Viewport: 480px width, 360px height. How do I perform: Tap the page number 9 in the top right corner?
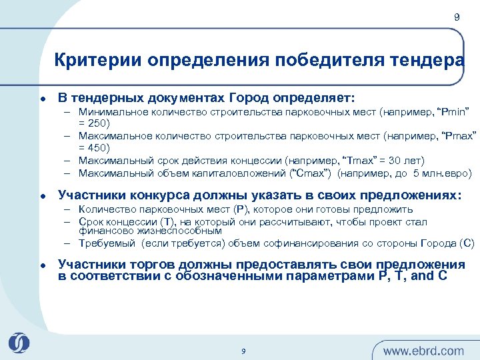coord(457,18)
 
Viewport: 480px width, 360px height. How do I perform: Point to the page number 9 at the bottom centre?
coord(243,351)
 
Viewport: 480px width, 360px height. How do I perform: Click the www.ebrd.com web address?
coord(423,351)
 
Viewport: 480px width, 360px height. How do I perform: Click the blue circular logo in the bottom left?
coord(19,343)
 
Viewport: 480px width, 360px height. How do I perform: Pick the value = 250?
coord(94,123)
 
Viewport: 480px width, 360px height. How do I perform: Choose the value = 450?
coord(94,147)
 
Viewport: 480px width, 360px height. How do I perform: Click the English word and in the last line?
coord(422,276)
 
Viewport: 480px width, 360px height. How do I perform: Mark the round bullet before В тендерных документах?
coord(42,98)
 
